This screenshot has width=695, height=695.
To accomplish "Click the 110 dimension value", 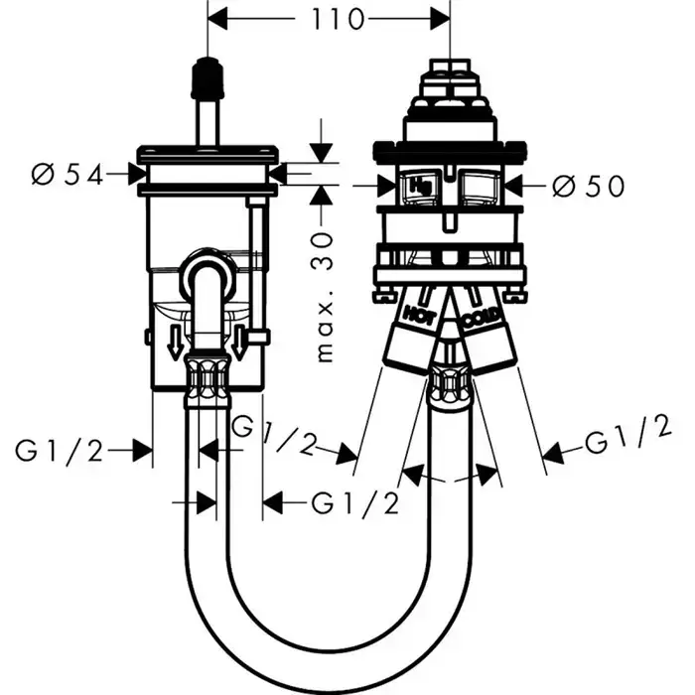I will click(x=327, y=19).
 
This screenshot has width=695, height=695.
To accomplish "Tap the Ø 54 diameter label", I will click(x=69, y=175).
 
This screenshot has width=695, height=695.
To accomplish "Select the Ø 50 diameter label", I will click(x=590, y=185).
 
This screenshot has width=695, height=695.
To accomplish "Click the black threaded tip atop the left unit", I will click(x=207, y=73).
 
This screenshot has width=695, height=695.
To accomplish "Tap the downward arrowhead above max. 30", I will click(x=321, y=154).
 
